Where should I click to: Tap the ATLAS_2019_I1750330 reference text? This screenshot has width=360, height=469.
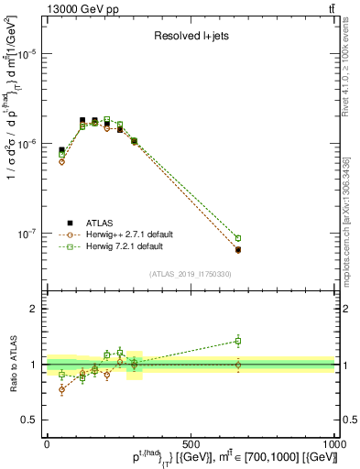[189, 274]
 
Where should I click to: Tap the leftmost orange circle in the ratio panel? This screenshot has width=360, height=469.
[61, 389]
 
